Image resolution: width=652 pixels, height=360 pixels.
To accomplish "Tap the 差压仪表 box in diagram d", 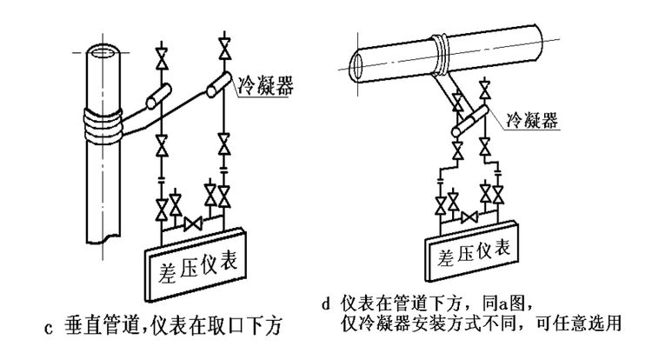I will coord(470,253).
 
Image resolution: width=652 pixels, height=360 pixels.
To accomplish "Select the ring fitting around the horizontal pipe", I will coord(442,55).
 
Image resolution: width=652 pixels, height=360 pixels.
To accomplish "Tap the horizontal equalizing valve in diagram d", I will coord(469,216).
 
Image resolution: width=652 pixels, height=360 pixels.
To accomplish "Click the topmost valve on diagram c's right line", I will coord(225,43).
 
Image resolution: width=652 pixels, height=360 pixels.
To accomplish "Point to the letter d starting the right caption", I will coord(326,306).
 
